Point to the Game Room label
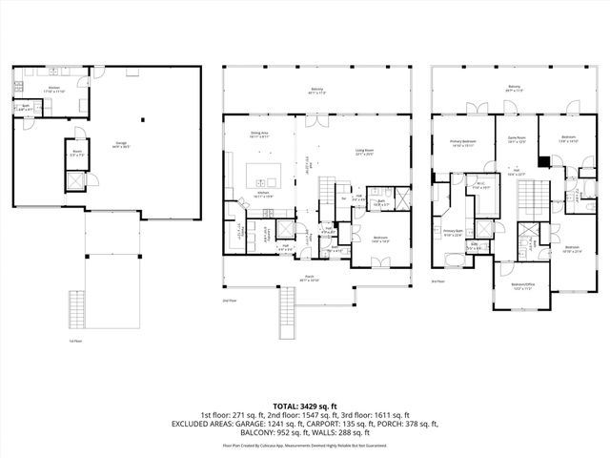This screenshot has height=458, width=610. pos(517,139)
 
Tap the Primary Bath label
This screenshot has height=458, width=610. pos(452,232)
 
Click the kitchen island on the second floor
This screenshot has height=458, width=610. pos(262,176)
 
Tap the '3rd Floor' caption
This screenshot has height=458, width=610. pos(438,281)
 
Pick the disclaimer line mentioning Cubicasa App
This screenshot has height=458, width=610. pos(304,445)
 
